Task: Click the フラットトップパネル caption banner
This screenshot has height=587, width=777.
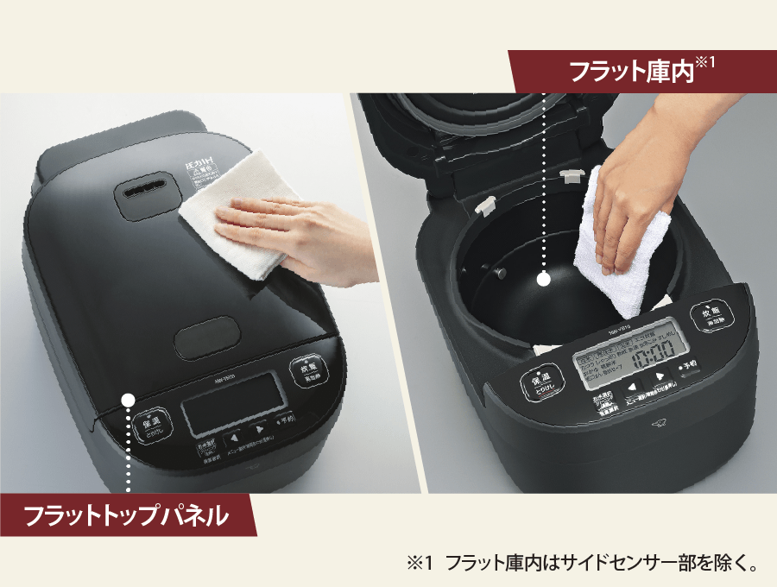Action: click(x=126, y=517)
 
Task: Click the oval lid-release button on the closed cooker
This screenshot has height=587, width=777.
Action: click(x=205, y=341)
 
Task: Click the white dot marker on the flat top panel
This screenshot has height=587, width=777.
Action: click(x=129, y=400)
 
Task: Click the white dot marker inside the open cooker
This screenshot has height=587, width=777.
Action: click(x=544, y=279)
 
